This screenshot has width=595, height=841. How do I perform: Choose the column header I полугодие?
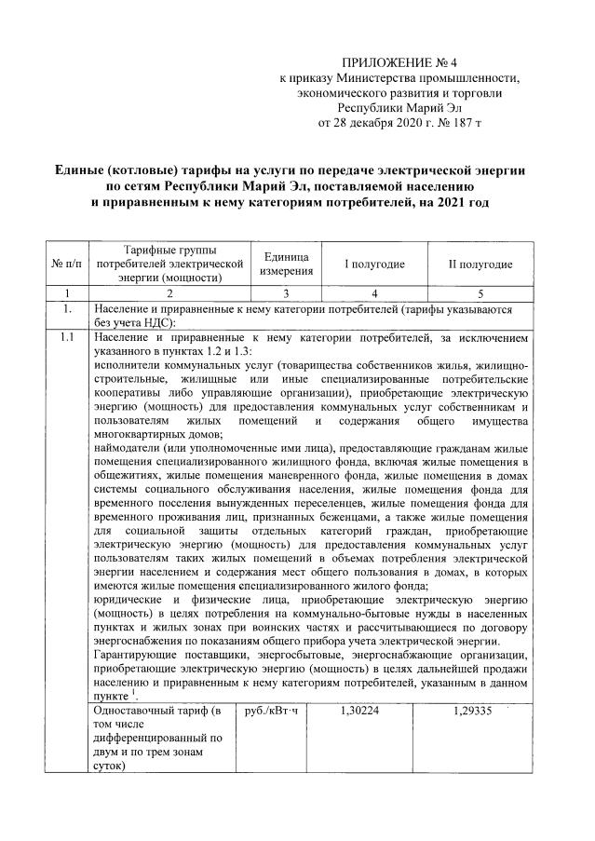coord(374,265)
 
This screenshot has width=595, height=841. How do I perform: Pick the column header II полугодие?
coord(480,265)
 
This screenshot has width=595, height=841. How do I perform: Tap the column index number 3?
coord(287,292)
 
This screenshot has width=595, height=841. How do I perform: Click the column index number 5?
coord(480,292)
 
